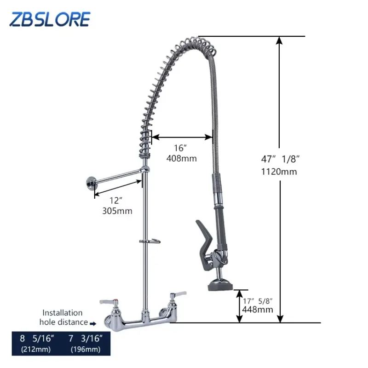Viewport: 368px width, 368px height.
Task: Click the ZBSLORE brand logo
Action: click(50, 19)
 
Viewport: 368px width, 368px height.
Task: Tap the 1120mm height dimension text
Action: click(279, 172)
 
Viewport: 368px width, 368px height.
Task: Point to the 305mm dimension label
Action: click(117, 211)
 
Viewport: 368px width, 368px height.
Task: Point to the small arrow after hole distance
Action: click(93, 323)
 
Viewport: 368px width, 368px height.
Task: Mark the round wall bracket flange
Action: click(89, 184)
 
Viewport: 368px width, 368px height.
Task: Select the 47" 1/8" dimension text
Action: click(281, 159)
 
